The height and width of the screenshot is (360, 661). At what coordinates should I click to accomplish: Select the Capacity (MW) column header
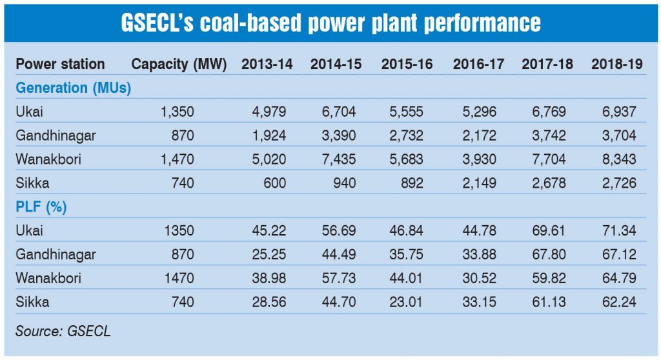tap(179, 64)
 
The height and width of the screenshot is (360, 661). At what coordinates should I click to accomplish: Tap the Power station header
tap(60, 64)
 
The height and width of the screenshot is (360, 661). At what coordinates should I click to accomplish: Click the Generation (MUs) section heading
tap(73, 88)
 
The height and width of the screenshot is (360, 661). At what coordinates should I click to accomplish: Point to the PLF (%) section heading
tap(43, 207)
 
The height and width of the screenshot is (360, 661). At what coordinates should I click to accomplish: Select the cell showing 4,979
tap(267, 112)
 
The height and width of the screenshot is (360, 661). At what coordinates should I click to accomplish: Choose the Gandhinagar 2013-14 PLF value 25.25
tap(268, 255)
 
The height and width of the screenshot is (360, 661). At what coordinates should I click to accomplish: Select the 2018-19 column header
tap(616, 64)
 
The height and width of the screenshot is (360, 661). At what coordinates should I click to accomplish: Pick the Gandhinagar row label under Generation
tap(56, 135)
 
